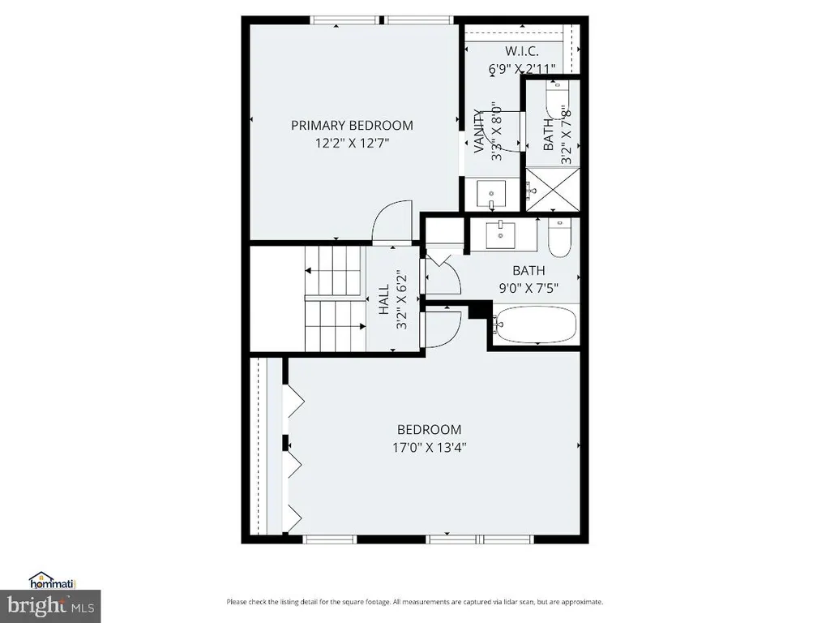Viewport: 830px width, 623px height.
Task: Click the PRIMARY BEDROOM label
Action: tap(352, 126)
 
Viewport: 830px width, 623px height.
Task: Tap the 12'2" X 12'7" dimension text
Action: tap(352, 143)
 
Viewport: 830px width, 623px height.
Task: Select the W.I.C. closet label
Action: tap(522, 51)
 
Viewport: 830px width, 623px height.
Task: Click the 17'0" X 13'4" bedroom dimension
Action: tap(430, 448)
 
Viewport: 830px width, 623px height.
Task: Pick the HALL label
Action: tap(383, 300)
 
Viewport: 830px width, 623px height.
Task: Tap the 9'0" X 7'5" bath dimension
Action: tap(528, 288)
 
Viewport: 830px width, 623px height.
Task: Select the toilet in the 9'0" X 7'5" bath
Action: tap(559, 238)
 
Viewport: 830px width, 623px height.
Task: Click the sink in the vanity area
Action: tap(491, 194)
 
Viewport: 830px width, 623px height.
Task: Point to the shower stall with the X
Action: tap(553, 189)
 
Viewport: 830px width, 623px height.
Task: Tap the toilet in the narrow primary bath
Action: tap(557, 100)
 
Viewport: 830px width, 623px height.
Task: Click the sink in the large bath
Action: tap(500, 235)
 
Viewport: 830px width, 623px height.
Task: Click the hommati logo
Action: tap(53, 581)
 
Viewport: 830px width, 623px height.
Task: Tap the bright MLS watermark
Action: tap(51, 605)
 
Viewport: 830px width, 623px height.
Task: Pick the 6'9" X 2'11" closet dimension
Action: tap(522, 68)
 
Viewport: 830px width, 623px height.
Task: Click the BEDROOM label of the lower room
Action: tap(430, 430)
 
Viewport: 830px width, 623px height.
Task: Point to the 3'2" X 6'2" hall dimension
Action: tap(402, 300)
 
